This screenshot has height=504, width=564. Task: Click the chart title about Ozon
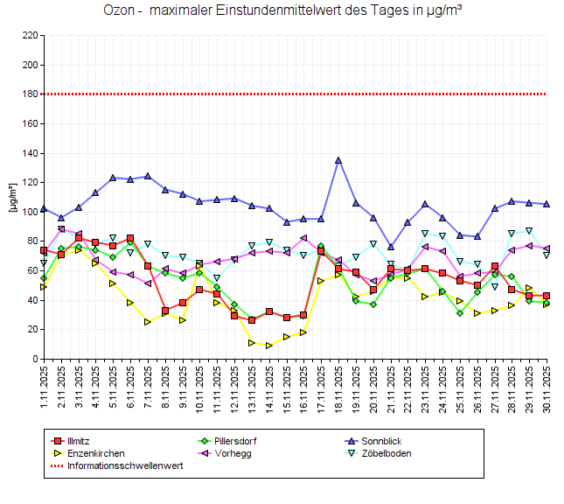[x=282, y=11]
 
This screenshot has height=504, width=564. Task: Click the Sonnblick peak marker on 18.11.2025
[x=338, y=160]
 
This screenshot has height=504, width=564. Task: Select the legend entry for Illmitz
[x=78, y=441]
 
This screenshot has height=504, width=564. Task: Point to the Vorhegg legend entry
[x=226, y=453]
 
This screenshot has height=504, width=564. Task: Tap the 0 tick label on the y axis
[x=35, y=359]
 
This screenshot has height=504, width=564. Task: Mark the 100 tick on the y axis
[x=31, y=212]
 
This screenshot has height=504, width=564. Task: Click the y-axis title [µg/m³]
[x=11, y=198]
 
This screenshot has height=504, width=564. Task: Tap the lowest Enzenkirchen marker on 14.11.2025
[x=269, y=346]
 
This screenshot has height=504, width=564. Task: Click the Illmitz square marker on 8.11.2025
[x=165, y=311]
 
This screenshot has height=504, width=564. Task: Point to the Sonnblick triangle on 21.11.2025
[x=391, y=247]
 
